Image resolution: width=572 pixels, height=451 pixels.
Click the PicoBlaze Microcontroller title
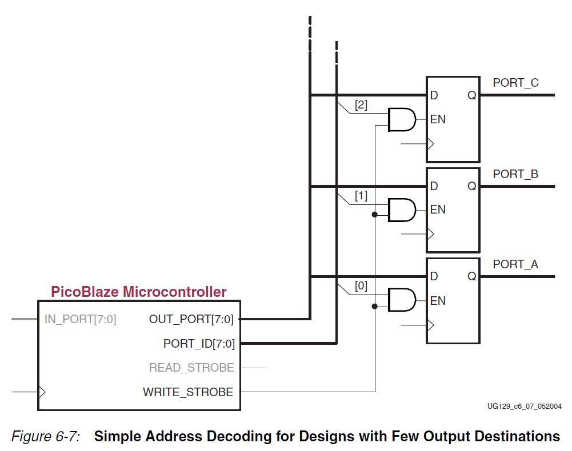click(x=139, y=292)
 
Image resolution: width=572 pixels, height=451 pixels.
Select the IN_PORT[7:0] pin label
click(x=81, y=319)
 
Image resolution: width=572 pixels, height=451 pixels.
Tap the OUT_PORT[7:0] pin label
click(x=191, y=319)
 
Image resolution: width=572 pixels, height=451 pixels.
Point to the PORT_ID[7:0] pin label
click(x=199, y=344)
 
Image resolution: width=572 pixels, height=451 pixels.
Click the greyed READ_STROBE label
click(x=191, y=368)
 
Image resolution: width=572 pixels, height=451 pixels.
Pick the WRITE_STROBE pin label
click(x=188, y=392)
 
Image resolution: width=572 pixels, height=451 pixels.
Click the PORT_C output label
click(x=515, y=83)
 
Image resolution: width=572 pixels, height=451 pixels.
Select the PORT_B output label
click(x=515, y=174)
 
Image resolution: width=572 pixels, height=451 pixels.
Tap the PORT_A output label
click(x=515, y=264)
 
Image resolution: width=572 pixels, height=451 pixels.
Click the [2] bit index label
click(x=361, y=105)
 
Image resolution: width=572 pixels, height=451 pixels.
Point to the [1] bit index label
click(x=361, y=196)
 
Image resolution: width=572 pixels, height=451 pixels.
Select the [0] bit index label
click(x=361, y=286)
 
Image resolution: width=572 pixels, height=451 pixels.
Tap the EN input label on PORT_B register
click(x=438, y=210)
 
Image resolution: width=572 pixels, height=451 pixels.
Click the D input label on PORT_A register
click(x=434, y=277)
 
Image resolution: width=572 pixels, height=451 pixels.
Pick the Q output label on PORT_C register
click(x=471, y=95)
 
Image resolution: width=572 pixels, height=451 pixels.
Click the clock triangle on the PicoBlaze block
click(x=41, y=392)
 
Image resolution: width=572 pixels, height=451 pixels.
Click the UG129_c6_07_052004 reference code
click(x=524, y=406)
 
